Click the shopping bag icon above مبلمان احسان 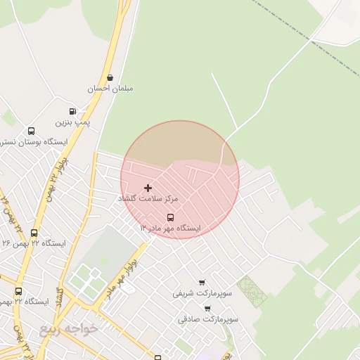pyautogui.click(x=110, y=78)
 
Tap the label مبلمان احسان pyautogui.click(x=110, y=89)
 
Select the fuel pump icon pyautogui.click(x=73, y=112)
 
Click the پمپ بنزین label pyautogui.click(x=73, y=122)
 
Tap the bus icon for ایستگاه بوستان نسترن pyautogui.click(x=31, y=131)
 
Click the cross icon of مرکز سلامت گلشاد pyautogui.click(x=148, y=188)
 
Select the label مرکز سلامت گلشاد pyautogui.click(x=148, y=199)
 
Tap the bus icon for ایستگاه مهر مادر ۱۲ pyautogui.click(x=170, y=217)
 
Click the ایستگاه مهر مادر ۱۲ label pyautogui.click(x=170, y=229)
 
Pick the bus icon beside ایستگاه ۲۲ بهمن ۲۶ pyautogui.click(x=34, y=233)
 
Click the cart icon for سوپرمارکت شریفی pyautogui.click(x=202, y=282)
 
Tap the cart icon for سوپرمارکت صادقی pyautogui.click(x=207, y=308)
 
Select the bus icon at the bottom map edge pyautogui.click(x=157, y=357)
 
